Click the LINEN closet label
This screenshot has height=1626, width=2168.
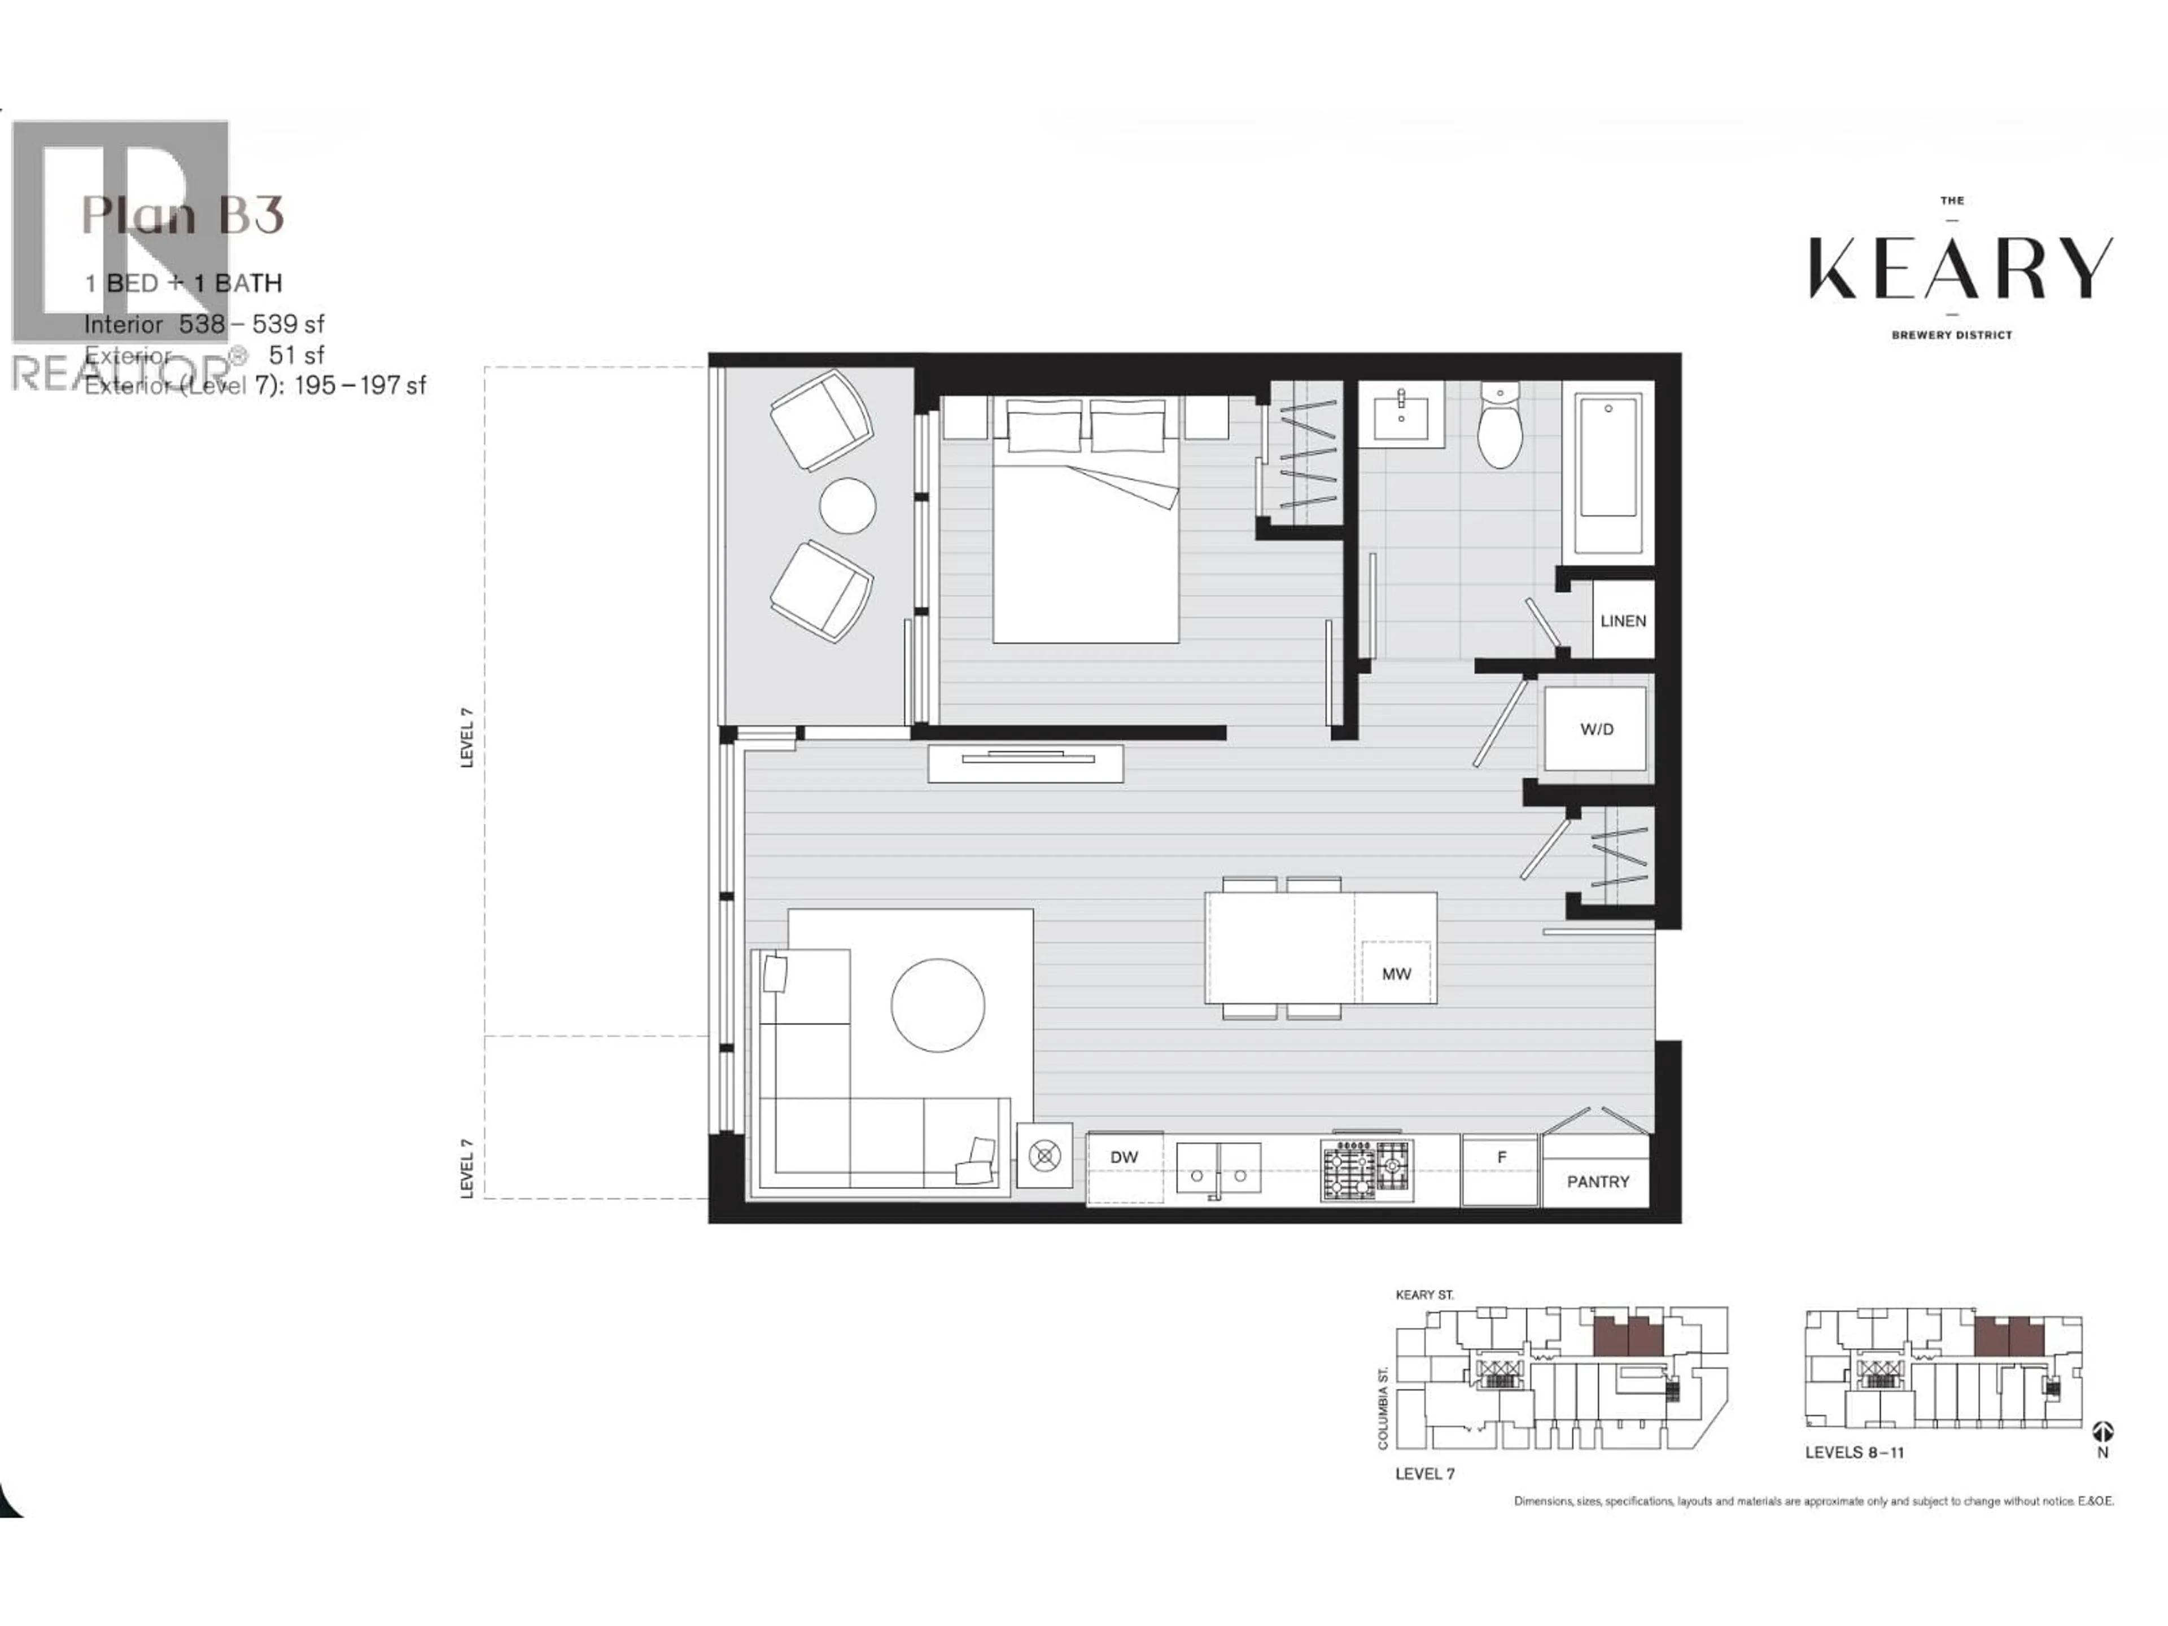click(x=1623, y=620)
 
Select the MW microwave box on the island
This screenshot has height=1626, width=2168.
click(x=1396, y=973)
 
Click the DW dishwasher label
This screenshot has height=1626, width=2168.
click(x=1124, y=1156)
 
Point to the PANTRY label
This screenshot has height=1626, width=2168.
click(x=1598, y=1181)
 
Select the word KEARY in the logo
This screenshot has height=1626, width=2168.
click(x=1960, y=268)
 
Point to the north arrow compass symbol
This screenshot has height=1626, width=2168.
click(x=2103, y=1432)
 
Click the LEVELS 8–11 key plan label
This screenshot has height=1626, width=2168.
click(x=1854, y=1453)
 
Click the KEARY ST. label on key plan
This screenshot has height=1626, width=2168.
click(x=1424, y=1295)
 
